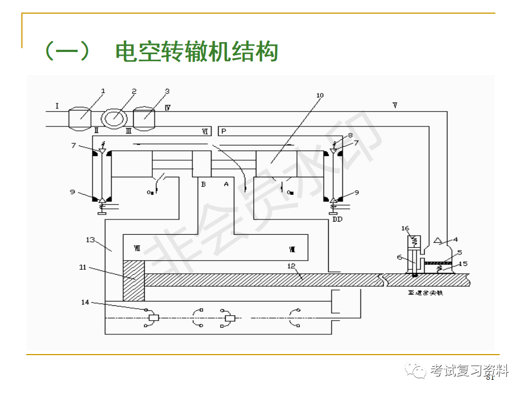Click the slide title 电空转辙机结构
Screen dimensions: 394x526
[x=196, y=52]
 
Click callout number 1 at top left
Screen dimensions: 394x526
[x=102, y=91]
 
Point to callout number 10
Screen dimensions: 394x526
[x=320, y=95]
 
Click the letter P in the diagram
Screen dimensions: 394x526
[x=224, y=131]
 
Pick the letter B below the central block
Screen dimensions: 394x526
[x=203, y=184]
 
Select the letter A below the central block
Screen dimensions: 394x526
[x=226, y=184]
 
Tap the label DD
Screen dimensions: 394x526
[x=338, y=219]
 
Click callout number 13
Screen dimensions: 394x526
[x=90, y=240]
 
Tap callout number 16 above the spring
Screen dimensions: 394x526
[x=405, y=228]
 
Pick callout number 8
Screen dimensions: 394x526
[x=350, y=135]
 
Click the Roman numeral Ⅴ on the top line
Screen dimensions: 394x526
[x=395, y=105]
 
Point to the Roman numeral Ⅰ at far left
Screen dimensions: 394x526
[x=56, y=104]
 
